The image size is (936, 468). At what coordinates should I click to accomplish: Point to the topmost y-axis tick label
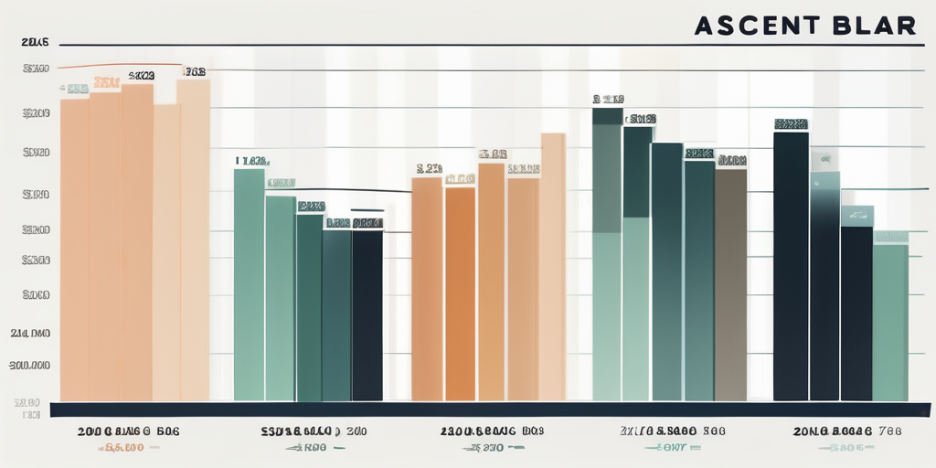(x=34, y=43)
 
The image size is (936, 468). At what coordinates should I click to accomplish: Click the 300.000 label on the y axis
(x=30, y=366)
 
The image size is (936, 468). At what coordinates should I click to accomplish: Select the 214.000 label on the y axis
(x=30, y=334)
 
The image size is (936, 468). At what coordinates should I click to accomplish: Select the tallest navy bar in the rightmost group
(x=791, y=265)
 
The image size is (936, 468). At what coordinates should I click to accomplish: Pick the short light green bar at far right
(x=890, y=320)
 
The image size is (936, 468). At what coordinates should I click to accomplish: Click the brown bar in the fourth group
(x=730, y=283)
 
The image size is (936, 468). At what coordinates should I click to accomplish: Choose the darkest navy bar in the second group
(x=367, y=315)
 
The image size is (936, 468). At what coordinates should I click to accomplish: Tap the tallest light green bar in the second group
(x=249, y=283)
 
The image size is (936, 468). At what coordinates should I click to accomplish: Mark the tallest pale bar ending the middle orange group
(x=552, y=265)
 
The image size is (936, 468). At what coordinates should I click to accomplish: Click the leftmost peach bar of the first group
(x=74, y=247)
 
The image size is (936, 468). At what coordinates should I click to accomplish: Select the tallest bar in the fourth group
(x=607, y=256)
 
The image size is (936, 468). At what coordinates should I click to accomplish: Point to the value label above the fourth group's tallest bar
(x=608, y=99)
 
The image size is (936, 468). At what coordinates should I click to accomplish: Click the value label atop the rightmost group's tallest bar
(x=790, y=124)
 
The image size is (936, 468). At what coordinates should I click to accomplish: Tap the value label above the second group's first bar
(x=250, y=161)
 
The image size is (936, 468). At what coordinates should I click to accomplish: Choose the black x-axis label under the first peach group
(x=128, y=430)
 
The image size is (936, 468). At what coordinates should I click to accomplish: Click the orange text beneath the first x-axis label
(x=123, y=448)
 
